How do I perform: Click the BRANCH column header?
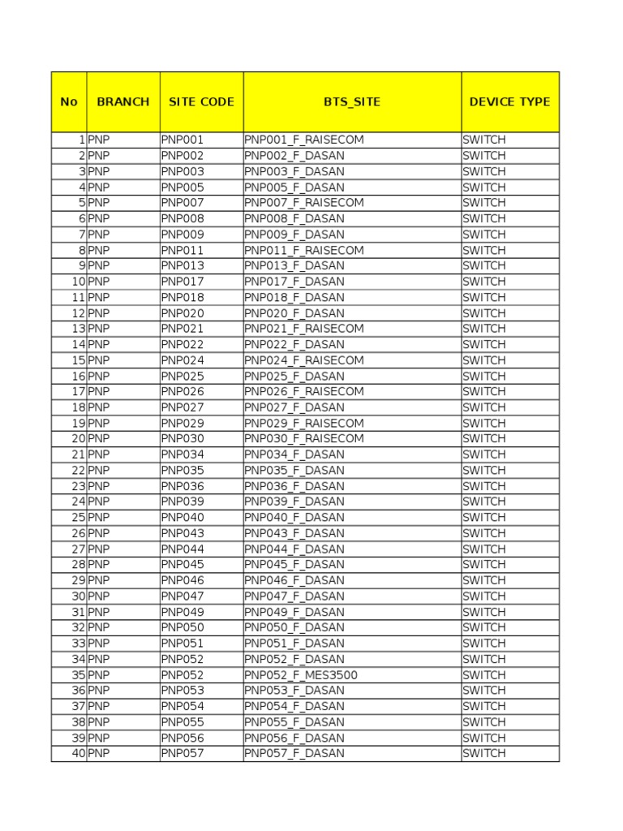click(x=123, y=102)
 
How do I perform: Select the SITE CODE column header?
click(x=201, y=102)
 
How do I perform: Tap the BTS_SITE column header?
click(x=352, y=102)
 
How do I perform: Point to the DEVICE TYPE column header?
click(x=509, y=102)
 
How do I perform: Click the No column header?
click(x=69, y=102)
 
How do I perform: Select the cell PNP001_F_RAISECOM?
click(x=304, y=140)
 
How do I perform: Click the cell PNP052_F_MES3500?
click(x=301, y=675)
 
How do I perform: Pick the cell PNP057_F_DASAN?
click(x=294, y=753)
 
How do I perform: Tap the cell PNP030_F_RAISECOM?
click(x=304, y=439)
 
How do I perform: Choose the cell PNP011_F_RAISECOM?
click(x=304, y=250)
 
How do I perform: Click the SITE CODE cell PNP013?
click(x=183, y=265)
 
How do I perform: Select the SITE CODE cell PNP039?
click(x=183, y=502)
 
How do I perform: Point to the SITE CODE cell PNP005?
click(x=183, y=187)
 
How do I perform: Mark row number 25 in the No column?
click(x=78, y=518)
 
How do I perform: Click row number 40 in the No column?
click(x=78, y=753)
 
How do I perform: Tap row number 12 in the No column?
click(x=78, y=313)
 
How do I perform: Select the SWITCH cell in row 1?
click(x=484, y=140)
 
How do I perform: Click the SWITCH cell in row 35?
click(x=484, y=675)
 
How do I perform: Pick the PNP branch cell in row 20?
click(x=99, y=439)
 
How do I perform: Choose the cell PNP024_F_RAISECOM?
click(x=304, y=360)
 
